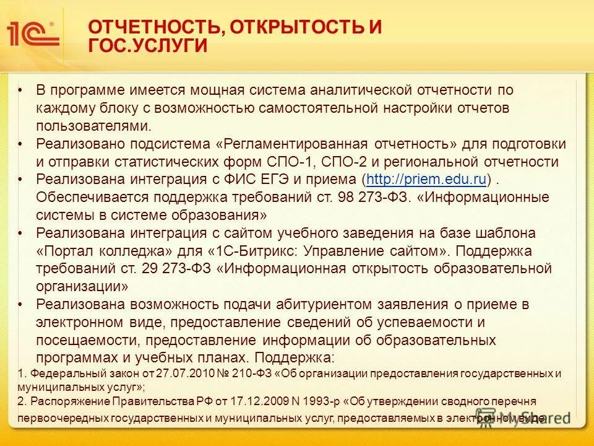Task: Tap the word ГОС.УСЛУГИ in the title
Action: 148,46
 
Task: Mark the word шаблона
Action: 509,234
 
